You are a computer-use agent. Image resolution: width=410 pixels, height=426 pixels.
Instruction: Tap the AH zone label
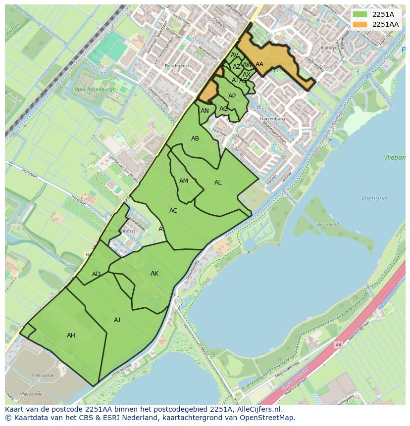point(71,335)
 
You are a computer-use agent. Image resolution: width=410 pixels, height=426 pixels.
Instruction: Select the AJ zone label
point(117,320)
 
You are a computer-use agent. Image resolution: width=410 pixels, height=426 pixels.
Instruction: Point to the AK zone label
point(154,274)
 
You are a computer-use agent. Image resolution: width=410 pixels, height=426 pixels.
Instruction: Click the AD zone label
point(96,274)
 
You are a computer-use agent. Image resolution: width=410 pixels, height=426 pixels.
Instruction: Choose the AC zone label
point(173,211)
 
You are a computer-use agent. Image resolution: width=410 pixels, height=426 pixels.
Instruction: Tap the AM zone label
point(184,181)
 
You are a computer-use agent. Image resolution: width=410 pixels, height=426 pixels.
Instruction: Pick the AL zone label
point(218,183)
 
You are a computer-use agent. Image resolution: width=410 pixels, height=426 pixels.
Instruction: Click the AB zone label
point(195,139)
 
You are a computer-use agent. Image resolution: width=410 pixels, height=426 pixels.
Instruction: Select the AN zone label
point(205,111)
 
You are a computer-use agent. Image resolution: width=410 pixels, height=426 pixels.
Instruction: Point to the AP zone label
point(232,96)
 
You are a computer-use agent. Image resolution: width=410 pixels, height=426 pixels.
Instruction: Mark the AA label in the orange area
point(259,64)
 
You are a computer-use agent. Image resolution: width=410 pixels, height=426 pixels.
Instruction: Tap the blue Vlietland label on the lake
point(374,198)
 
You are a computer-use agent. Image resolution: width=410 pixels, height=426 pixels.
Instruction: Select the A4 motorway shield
point(338,345)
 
